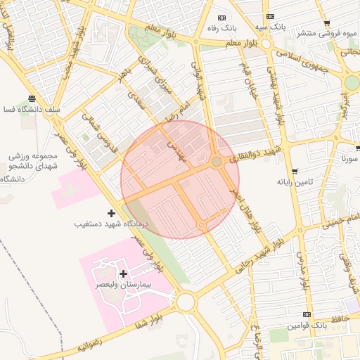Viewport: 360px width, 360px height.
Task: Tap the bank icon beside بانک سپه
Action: [x=270, y=17]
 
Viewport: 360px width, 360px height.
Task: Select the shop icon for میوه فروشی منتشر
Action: [x=328, y=23]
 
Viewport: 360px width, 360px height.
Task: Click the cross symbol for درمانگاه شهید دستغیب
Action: [x=111, y=213]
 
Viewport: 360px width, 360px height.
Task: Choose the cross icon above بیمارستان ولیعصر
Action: [x=124, y=274]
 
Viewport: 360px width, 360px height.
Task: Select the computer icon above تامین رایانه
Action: [x=294, y=171]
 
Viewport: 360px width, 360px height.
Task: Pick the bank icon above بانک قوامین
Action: [x=307, y=314]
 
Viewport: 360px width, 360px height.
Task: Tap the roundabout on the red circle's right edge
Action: [x=217, y=162]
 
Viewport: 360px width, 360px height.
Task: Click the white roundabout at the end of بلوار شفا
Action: [x=186, y=302]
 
